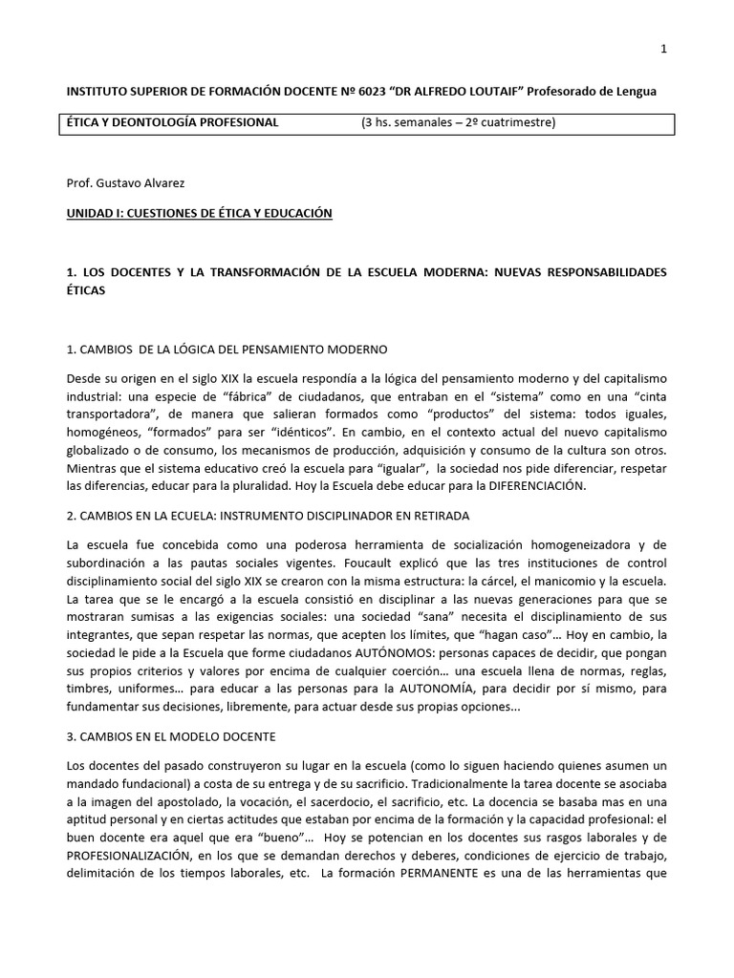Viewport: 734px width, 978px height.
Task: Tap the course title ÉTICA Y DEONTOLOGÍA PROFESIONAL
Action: (x=171, y=122)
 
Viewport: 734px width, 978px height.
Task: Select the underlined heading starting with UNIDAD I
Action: (x=199, y=213)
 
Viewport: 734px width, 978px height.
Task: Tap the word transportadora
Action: (x=106, y=429)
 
